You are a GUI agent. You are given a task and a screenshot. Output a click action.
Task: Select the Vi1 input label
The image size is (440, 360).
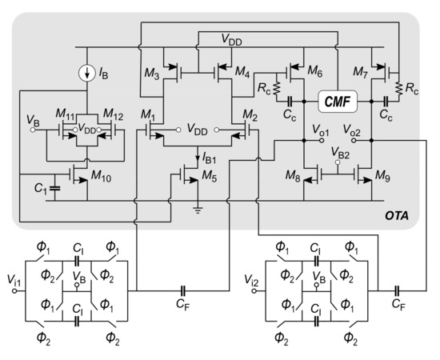click(14, 282)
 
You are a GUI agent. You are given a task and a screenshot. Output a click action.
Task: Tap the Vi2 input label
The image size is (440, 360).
click(250, 282)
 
